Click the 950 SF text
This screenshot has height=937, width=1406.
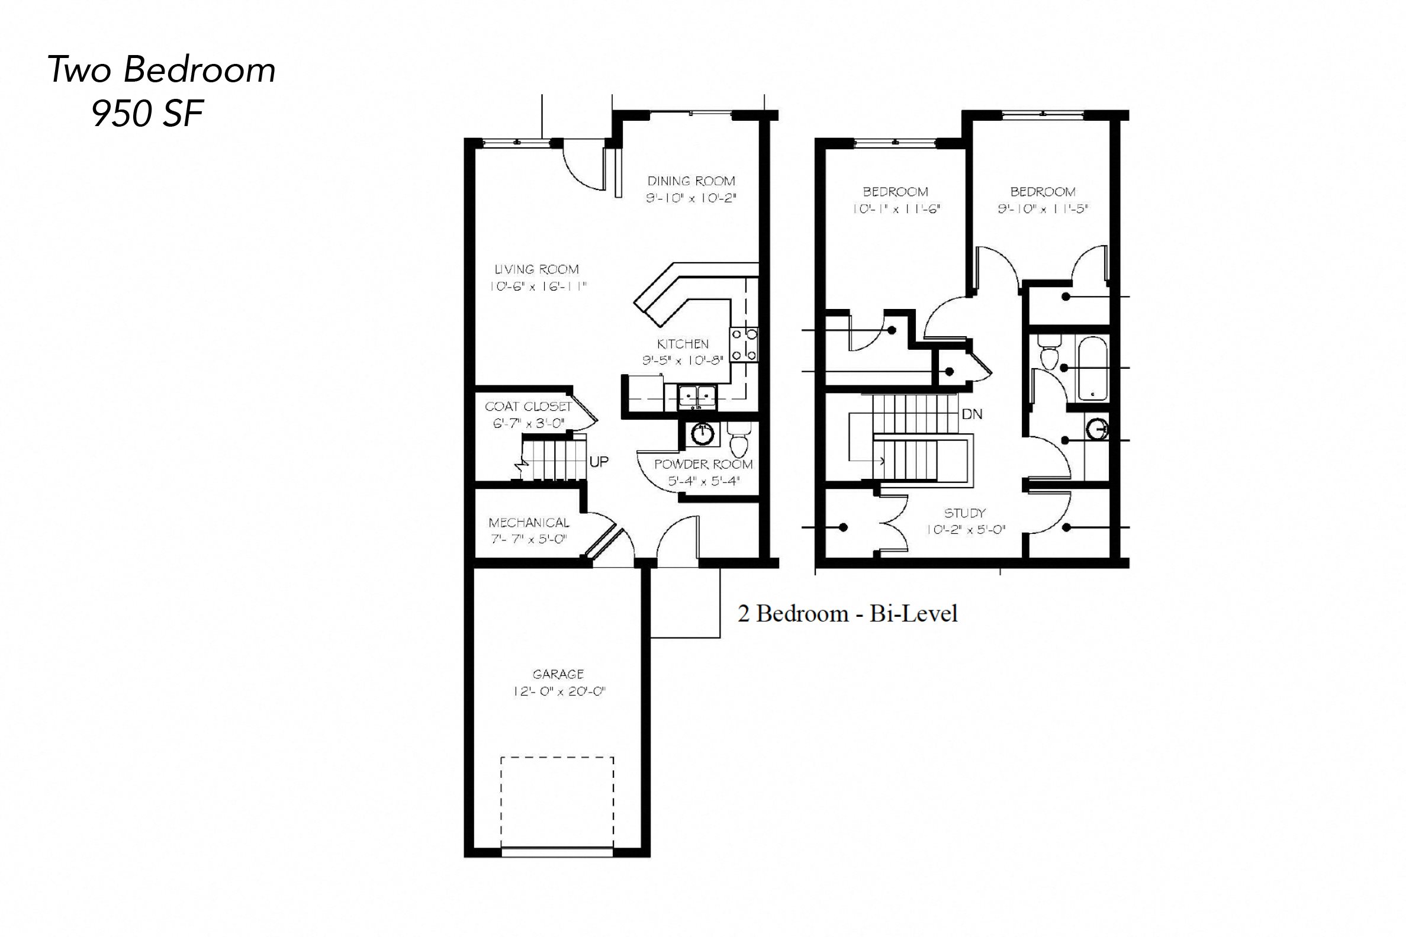click(x=147, y=113)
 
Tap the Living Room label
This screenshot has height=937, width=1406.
click(x=536, y=269)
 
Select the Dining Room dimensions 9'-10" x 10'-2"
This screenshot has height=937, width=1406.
click(x=691, y=198)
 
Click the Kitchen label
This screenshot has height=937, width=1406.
click(x=683, y=344)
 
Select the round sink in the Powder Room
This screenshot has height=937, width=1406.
click(x=703, y=433)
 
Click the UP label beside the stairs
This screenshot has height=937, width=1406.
click(x=599, y=461)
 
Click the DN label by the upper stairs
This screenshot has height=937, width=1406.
click(x=972, y=414)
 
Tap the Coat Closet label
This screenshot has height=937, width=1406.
click(x=528, y=407)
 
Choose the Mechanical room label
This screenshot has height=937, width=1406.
click(x=529, y=523)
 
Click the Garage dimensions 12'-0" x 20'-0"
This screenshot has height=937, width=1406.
click(x=558, y=692)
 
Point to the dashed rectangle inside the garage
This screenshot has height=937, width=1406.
click(x=557, y=801)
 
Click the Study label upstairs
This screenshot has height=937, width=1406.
click(x=964, y=513)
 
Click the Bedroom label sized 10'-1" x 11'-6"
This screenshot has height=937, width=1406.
click(x=895, y=192)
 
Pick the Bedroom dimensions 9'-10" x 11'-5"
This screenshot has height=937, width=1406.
click(x=1043, y=209)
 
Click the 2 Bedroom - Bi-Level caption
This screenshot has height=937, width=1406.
click(x=847, y=614)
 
